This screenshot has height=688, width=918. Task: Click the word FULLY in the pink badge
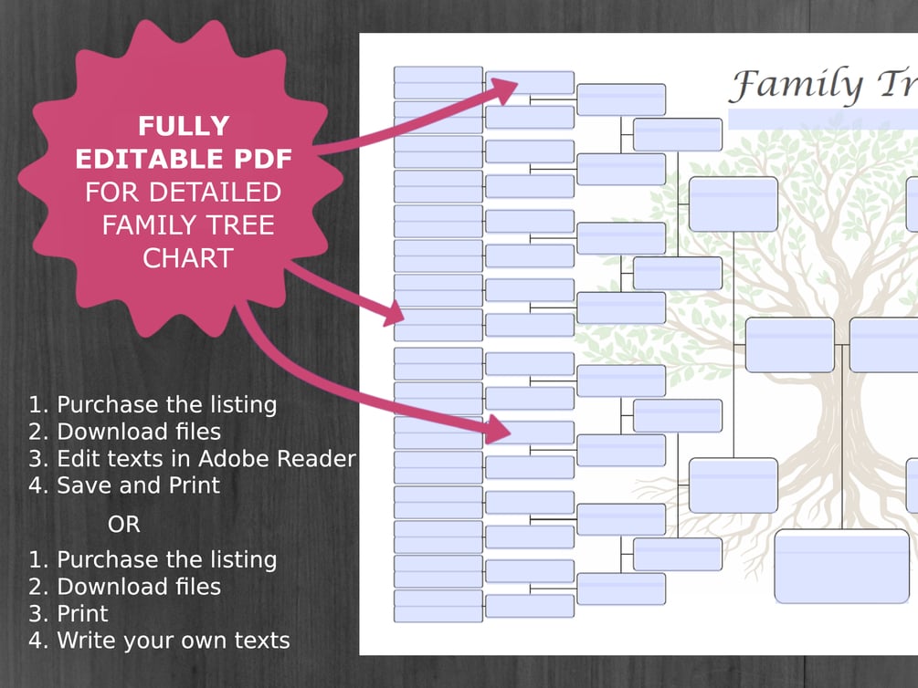click(x=184, y=126)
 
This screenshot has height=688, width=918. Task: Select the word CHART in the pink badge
click(x=188, y=258)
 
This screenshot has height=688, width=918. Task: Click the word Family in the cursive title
click(x=797, y=85)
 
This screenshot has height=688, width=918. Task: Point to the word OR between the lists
click(x=124, y=524)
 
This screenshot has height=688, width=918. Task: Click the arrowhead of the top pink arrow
click(x=504, y=89)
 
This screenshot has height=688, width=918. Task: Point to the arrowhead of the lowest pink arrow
click(x=498, y=430)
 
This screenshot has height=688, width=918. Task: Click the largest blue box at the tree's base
click(x=842, y=566)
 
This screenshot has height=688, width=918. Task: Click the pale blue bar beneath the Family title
click(x=823, y=120)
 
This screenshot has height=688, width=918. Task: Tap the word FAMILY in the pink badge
click(x=188, y=225)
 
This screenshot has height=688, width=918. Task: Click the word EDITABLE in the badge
click(x=149, y=159)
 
